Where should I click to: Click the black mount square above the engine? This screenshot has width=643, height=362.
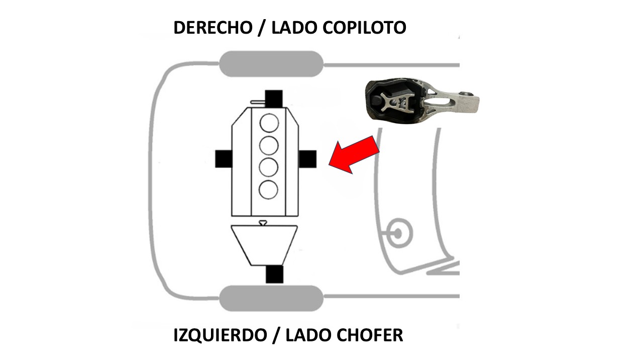tap(274, 99)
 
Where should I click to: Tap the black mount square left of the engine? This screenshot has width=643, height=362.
tap(224, 159)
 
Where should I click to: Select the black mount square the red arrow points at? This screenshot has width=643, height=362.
tap(307, 159)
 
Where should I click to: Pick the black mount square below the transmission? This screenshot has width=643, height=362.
tap(274, 274)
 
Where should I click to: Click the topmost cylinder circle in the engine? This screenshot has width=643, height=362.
tap(269, 123)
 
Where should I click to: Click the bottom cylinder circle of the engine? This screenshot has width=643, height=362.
tap(269, 189)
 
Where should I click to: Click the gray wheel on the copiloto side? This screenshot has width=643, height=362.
tap(271, 64)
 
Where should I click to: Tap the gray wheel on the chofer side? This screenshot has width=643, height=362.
tap(271, 298)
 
